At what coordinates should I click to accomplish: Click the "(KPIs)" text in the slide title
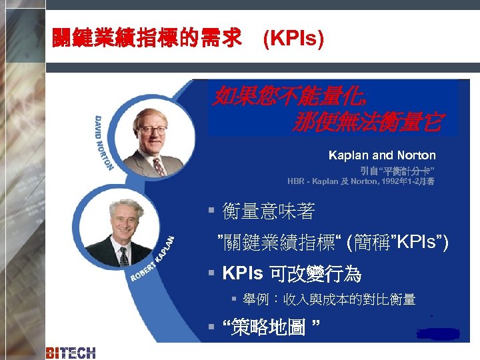pos(293,40)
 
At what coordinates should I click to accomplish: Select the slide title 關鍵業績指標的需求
pos(147,40)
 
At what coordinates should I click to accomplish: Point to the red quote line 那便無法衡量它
pos(365,122)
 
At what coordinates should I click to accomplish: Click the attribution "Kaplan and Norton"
pos(381,155)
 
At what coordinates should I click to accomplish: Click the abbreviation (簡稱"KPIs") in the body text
pos(397,243)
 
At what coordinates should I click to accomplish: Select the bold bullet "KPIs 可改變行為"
pos(291,273)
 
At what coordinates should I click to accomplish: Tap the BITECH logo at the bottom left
pos(71,353)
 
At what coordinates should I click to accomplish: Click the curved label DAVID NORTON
pos(105,140)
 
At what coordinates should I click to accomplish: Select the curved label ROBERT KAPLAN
pos(153,259)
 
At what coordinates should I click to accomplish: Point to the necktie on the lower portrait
pos(123,256)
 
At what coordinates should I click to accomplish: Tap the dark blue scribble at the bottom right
pos(437,333)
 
